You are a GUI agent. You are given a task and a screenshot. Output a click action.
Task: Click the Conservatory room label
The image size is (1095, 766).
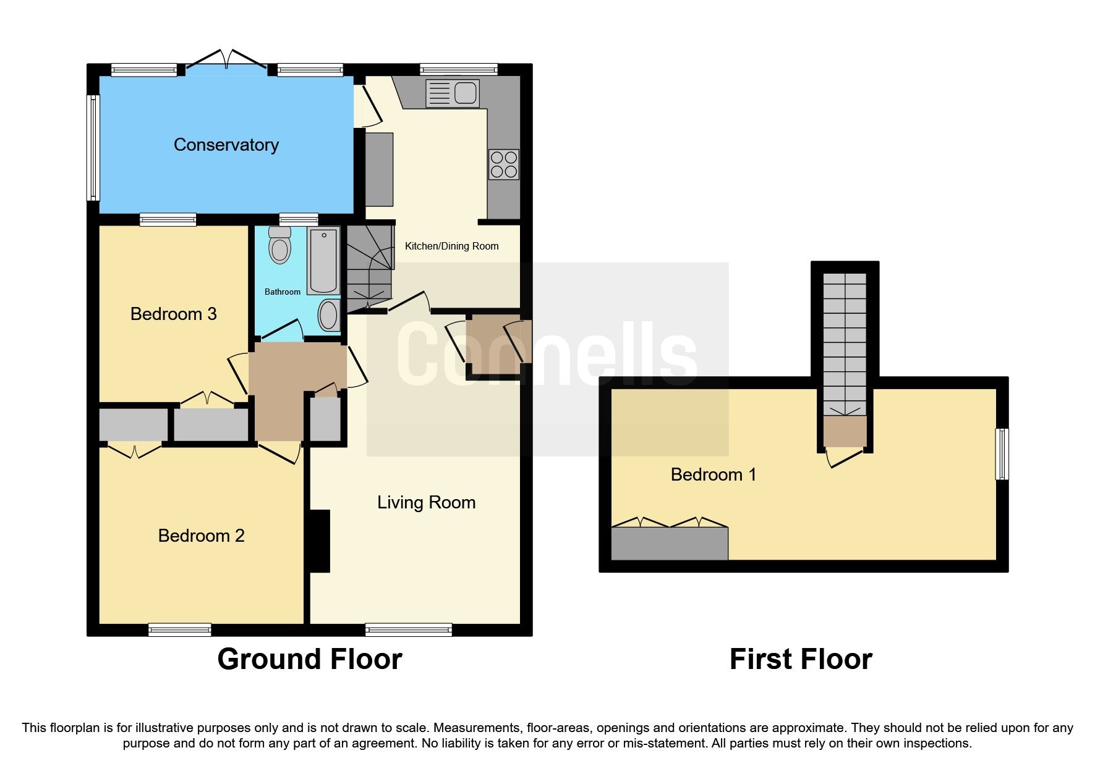[226, 145]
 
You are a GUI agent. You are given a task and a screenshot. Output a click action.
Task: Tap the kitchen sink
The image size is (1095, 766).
[453, 94]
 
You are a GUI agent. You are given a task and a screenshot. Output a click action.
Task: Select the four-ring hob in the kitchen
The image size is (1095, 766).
[503, 164]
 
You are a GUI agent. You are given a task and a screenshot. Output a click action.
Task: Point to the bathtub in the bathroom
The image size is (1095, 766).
[323, 260]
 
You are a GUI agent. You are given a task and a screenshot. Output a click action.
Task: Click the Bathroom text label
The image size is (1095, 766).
[283, 292]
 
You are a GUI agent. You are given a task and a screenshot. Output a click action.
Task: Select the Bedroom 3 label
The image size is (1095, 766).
[173, 314]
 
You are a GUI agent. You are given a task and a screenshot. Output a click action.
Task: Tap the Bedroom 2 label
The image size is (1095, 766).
[201, 536]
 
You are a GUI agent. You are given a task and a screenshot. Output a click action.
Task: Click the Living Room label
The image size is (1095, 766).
[426, 502]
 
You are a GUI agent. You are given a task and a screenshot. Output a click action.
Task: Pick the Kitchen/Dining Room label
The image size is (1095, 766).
[451, 246]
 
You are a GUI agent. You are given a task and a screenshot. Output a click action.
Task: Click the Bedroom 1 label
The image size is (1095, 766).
[713, 474]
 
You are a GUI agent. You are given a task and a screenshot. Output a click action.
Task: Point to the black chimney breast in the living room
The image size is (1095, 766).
[320, 541]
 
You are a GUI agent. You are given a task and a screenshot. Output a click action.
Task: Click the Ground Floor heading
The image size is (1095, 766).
[309, 659]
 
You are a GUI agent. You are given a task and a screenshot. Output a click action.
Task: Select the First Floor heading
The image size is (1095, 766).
[800, 659]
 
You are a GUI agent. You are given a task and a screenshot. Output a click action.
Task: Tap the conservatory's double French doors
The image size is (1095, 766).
[227, 61]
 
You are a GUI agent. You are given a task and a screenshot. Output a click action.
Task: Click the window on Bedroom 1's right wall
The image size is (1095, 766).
[1002, 454]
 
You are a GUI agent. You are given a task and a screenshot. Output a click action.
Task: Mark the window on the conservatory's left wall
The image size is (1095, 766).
[93, 147]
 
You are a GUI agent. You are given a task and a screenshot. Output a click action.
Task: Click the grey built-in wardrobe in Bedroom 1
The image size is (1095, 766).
[669, 544]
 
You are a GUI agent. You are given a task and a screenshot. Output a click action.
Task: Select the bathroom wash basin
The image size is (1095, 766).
[328, 315]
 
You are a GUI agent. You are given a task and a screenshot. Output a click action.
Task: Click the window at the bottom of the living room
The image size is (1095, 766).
[408, 629]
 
